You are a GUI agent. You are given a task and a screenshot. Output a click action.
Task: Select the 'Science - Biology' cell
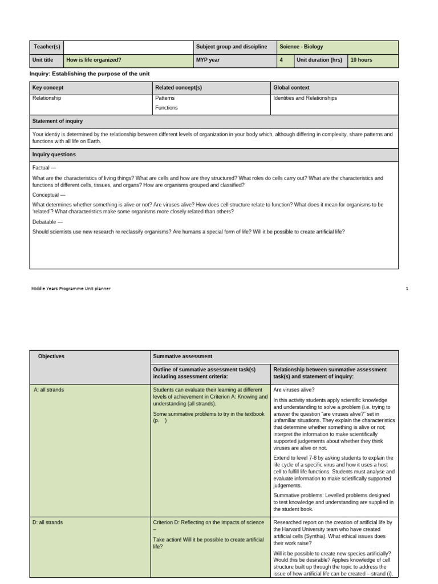301,47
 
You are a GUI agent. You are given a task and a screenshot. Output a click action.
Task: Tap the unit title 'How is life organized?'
94,60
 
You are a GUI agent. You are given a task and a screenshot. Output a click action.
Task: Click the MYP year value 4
281,60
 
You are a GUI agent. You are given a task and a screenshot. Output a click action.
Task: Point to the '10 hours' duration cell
362,60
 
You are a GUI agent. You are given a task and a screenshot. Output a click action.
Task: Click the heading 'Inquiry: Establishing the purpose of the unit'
89,74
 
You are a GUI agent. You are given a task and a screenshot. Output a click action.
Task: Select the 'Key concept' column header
48,88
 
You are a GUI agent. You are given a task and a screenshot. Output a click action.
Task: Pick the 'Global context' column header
291,88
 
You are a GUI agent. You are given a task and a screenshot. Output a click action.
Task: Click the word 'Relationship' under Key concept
47,98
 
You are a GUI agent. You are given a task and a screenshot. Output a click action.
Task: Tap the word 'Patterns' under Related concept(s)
165,98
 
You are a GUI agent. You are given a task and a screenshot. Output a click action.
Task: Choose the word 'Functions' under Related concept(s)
166,108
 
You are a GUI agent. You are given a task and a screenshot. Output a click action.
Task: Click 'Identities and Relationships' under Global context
305,98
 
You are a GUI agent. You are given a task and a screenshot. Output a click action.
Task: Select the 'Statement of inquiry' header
58,121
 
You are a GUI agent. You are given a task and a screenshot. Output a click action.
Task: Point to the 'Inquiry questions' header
54,155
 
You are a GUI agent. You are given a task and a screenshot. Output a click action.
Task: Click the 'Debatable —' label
47,221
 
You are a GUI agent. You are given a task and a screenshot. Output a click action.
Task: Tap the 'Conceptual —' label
49,194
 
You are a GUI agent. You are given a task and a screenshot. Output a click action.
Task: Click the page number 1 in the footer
407,289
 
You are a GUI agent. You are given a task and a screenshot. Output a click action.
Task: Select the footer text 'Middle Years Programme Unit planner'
71,289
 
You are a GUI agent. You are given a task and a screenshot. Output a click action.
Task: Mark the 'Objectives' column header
51,356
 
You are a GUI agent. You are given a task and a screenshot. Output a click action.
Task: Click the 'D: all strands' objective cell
48,522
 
